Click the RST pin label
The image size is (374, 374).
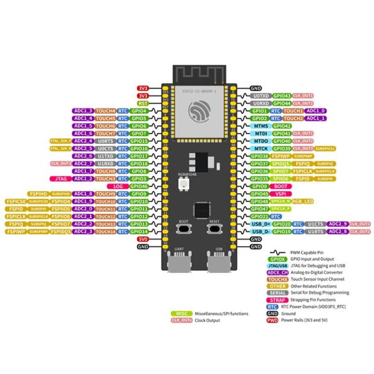click(143, 102)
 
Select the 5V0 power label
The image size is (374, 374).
click(143, 239)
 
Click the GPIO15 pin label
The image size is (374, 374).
click(139, 141)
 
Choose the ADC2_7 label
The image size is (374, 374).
click(83, 164)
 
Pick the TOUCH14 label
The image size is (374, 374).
click(107, 231)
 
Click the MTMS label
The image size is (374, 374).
click(260, 126)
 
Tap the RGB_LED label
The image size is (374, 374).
click(302, 201)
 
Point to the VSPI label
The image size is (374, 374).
click(281, 193)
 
